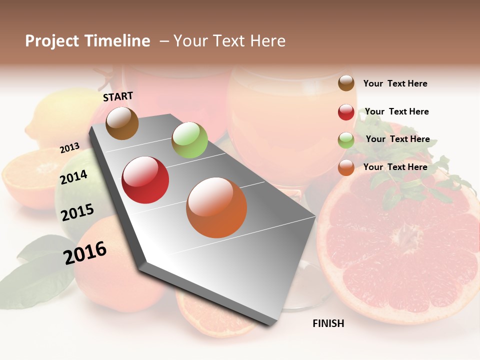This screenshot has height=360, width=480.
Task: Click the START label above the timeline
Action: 118,96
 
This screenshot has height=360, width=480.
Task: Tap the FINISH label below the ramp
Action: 328,323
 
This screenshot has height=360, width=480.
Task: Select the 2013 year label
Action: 69,148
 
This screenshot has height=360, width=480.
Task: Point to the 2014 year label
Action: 74,177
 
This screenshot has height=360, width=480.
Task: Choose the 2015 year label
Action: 77,212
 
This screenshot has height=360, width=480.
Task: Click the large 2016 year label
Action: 85,252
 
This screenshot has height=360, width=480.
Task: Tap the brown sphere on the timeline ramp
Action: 122,123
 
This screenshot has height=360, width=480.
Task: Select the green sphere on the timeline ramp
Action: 189,140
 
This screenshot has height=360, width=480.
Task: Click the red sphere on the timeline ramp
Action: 145,180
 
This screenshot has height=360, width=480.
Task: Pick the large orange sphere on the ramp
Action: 216,207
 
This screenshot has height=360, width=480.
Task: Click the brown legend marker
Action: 346,83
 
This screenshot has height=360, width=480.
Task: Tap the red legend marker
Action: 346,112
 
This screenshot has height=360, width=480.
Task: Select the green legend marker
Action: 346,140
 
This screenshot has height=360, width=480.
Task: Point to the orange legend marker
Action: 346,167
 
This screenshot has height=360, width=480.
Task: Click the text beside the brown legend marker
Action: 395,83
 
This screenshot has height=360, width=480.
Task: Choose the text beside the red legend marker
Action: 396,111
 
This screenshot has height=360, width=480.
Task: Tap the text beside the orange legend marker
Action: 395,167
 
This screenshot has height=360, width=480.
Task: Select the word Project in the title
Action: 52,41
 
